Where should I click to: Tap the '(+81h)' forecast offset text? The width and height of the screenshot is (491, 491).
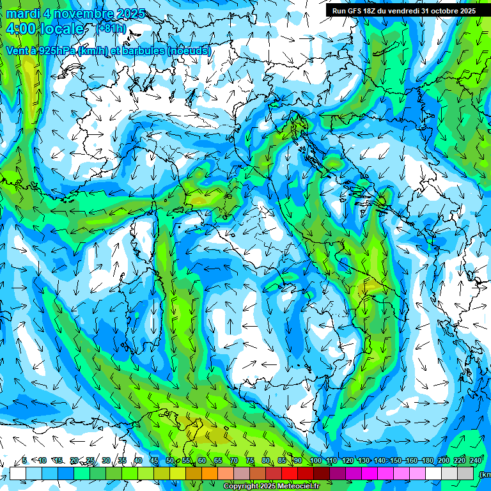coord(113,29)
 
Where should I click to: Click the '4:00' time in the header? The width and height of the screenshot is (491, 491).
coord(20,29)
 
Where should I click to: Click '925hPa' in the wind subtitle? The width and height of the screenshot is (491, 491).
coord(55,51)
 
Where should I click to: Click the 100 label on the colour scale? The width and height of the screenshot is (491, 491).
coord(315,461)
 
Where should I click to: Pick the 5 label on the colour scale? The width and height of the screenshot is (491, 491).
coord(24,461)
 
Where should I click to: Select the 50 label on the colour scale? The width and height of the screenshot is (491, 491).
coord(170,461)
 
